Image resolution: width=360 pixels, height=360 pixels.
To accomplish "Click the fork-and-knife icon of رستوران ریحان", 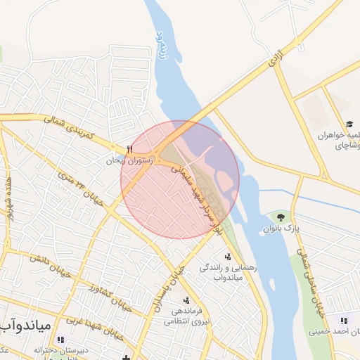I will click(129, 149).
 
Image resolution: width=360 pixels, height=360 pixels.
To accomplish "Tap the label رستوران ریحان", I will click(129, 160).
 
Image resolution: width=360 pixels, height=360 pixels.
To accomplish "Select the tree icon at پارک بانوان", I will click(282, 217).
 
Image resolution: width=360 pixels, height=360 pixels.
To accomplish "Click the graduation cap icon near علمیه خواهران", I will click(349, 124).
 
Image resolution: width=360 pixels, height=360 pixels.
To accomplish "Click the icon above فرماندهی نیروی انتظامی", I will click(186, 300).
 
